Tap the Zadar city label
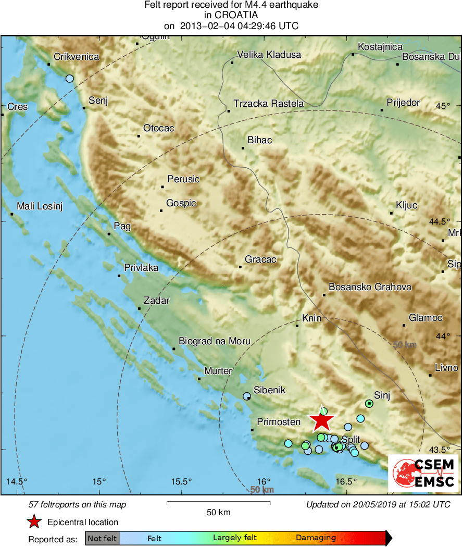[156, 301]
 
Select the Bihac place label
[260, 140]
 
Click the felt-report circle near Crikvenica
[70, 79]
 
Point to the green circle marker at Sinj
[369, 403]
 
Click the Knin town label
[311, 318]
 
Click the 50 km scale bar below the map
[218, 503]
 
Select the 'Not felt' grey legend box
[102, 538]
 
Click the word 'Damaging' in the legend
[316, 538]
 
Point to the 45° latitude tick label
[443, 106]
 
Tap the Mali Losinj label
[40, 207]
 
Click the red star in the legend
[34, 522]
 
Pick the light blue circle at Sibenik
[247, 396]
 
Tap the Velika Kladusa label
[269, 54]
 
